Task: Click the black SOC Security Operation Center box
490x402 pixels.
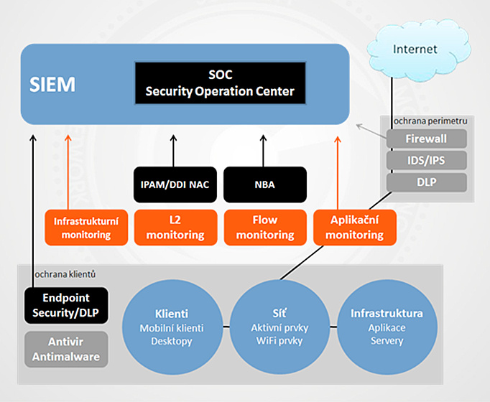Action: (220, 85)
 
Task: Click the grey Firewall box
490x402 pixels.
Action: (426, 139)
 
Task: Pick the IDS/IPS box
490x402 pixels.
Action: (426, 160)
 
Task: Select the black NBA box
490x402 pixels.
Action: (265, 184)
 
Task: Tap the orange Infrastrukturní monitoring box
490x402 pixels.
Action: (85, 225)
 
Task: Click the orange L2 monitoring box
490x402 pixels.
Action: (175, 225)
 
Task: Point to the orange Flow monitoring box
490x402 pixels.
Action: (265, 225)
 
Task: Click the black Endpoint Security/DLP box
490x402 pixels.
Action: (65, 305)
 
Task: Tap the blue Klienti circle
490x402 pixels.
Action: (172, 327)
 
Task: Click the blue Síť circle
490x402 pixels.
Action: (281, 327)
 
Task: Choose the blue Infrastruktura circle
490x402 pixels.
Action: (387, 327)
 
